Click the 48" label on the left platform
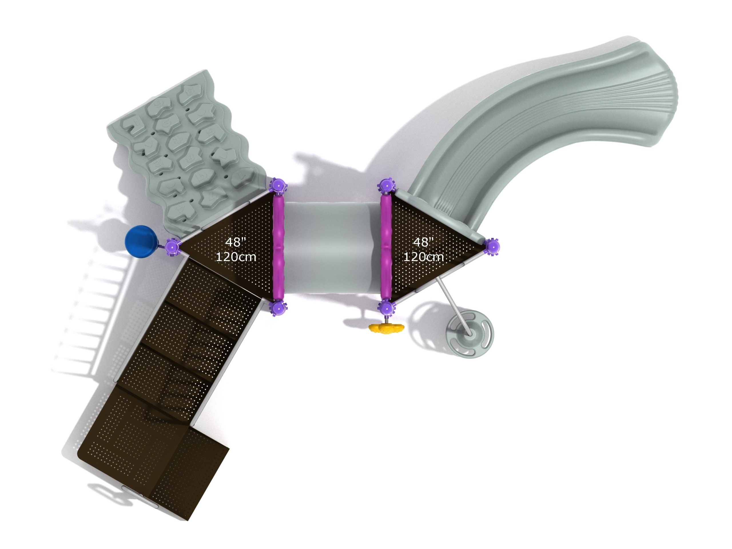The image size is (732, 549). pyautogui.click(x=235, y=242)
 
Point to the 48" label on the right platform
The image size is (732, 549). pyautogui.click(x=423, y=242)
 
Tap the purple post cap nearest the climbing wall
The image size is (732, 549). pyautogui.click(x=278, y=187)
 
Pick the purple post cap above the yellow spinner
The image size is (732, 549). pyautogui.click(x=386, y=308)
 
